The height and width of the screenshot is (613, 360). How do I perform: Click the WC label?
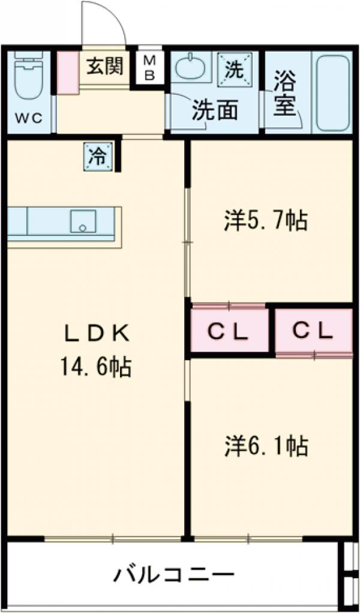[28, 118]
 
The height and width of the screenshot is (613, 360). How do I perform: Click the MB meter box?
[149, 67]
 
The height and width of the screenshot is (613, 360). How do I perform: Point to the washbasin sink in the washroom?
[191, 68]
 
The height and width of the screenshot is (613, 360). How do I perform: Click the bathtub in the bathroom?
[334, 93]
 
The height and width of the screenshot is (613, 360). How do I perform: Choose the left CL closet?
[229, 331]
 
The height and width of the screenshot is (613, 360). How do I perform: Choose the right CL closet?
[313, 331]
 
